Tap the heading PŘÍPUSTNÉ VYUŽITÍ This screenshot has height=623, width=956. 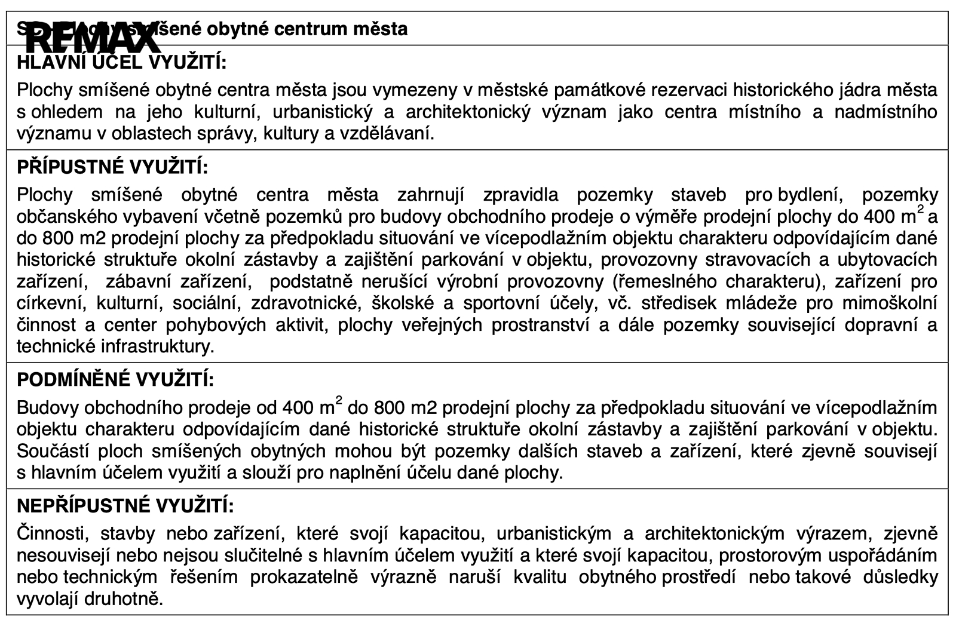pos(112,168)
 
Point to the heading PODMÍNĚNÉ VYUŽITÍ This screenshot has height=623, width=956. pos(115,380)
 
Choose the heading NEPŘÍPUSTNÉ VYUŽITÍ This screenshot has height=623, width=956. pos(125,507)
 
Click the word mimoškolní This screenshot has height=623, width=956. pos(890,303)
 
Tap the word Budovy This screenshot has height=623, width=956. pos(48,408)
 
